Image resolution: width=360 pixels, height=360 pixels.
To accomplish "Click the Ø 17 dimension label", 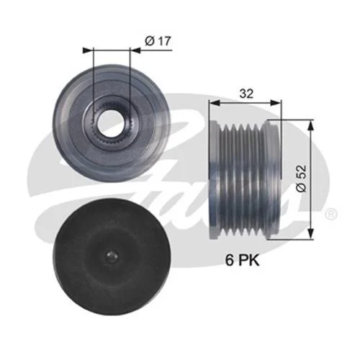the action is click(x=158, y=41).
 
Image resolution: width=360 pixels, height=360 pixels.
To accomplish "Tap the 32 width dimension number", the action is click(x=246, y=94).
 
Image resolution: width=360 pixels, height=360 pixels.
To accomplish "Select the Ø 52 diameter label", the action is click(x=302, y=179).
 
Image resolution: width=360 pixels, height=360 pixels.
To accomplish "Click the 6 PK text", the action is click(x=243, y=260).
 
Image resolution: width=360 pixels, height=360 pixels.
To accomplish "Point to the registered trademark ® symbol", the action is click(x=331, y=214).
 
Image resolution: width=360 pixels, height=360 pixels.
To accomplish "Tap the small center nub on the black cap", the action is click(x=112, y=257).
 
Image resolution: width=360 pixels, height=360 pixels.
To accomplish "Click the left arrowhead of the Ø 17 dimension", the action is click(x=88, y=50).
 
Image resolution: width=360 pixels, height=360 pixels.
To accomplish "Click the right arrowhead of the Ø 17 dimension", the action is click(x=135, y=50).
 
